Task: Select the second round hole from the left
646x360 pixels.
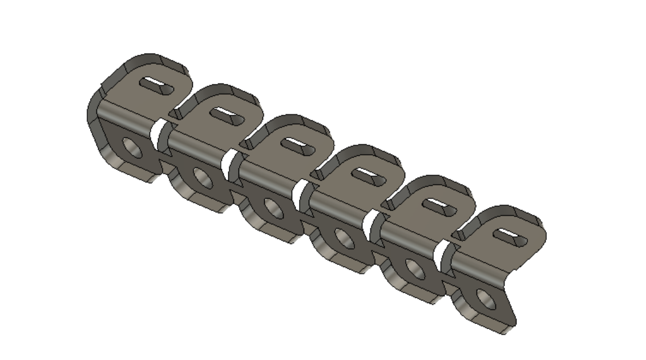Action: point(203,179)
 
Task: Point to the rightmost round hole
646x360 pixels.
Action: point(486,300)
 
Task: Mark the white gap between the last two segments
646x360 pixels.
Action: point(440,255)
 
